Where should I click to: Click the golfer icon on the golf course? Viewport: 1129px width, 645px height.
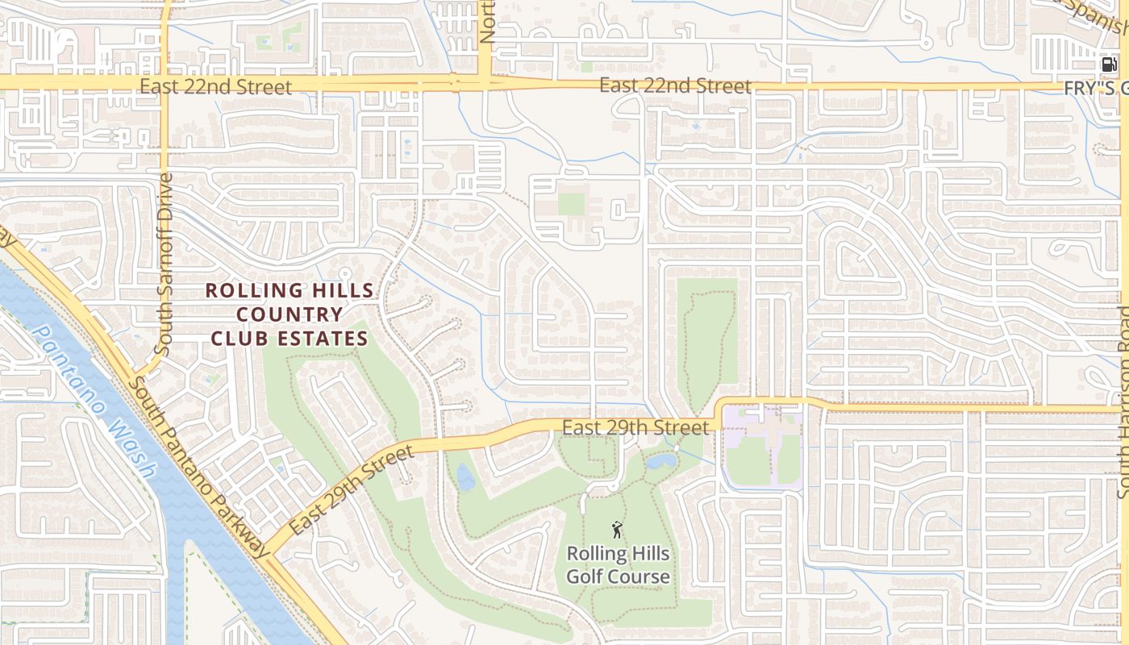tap(617, 530)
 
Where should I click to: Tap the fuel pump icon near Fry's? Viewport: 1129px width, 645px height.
tap(1110, 64)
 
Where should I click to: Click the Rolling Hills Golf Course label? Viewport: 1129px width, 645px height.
tap(618, 565)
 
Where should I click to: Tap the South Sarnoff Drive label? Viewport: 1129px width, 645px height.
tap(164, 264)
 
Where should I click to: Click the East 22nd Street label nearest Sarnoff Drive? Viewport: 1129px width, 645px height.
tap(215, 86)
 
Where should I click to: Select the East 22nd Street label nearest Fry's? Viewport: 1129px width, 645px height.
tap(676, 86)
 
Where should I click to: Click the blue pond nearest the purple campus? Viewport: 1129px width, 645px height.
tap(661, 461)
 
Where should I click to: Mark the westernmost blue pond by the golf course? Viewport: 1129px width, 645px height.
tap(465, 477)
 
